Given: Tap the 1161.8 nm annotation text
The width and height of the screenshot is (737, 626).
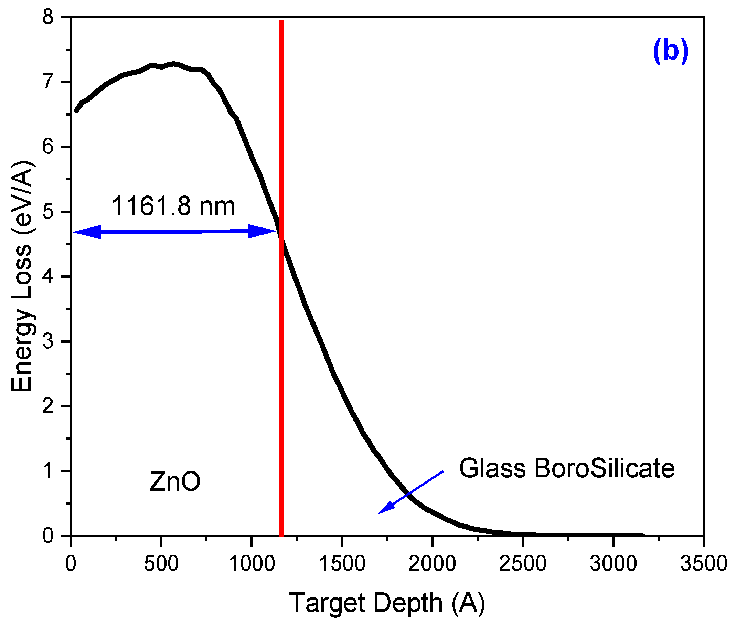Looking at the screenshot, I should pos(173,206).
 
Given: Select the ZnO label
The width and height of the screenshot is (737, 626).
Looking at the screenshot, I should pos(175,482).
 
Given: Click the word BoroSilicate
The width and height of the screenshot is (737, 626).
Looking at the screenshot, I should pos(604,468).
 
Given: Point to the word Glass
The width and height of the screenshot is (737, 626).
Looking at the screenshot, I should pos(492,468).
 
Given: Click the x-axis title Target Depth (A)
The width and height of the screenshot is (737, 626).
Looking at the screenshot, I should pos(387,603).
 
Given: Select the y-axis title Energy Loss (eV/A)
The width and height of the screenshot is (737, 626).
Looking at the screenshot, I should pos(22,276).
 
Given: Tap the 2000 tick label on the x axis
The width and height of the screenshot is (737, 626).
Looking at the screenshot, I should pos(432,564).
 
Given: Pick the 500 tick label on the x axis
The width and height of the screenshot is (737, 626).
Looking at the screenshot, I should pos(161,564).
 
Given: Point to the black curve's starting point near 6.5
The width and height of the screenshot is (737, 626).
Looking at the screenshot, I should pos(76,111).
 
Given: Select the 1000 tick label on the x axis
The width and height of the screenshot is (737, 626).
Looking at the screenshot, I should pos(251,564).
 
